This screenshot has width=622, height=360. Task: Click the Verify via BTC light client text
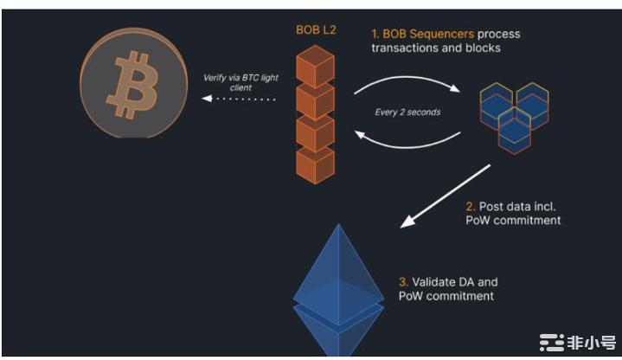[x=236, y=83]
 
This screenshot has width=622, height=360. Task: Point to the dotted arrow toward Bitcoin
[x=235, y=100]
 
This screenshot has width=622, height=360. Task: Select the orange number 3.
[x=403, y=282]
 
